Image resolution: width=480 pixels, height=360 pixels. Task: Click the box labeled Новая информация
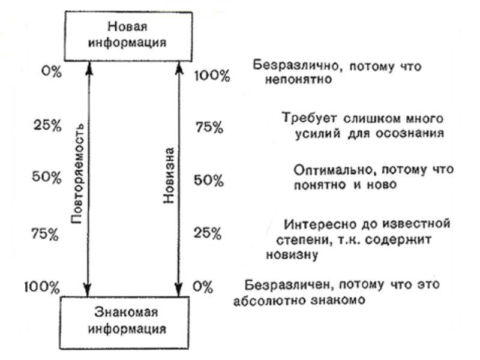click(128, 36)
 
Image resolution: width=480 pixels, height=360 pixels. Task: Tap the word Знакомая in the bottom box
click(126, 312)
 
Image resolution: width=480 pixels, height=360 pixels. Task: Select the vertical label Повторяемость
click(77, 173)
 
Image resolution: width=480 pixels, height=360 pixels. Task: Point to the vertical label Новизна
click(169, 175)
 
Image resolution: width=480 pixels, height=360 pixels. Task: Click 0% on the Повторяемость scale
click(52, 71)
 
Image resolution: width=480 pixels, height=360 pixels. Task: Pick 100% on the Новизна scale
click(212, 76)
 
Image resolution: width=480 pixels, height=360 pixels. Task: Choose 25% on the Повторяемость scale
click(47, 125)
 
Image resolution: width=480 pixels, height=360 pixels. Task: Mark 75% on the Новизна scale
click(209, 127)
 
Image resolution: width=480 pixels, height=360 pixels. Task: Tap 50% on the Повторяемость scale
click(47, 177)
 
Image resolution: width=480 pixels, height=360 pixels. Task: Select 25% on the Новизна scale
click(207, 233)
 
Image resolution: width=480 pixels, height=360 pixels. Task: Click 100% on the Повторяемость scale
click(42, 287)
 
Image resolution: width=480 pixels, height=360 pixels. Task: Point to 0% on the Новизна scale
click(203, 287)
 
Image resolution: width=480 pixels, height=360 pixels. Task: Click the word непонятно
click(298, 80)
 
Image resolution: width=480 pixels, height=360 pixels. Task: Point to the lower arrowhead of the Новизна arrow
click(179, 290)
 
